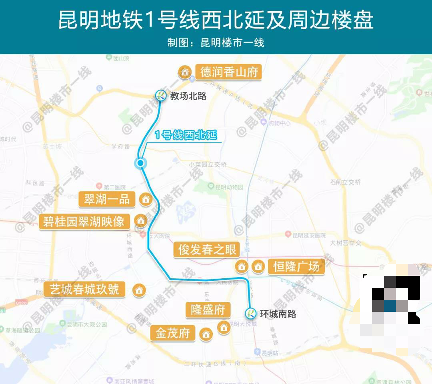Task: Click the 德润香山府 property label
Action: tap(229, 72)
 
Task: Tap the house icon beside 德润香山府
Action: tap(185, 72)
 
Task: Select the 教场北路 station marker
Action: tap(161, 95)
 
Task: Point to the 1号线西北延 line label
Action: tap(186, 135)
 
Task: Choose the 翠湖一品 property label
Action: tap(107, 199)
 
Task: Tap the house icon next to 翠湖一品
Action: tap(146, 199)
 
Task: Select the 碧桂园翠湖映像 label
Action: tap(84, 221)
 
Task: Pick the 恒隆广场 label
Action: tap(296, 266)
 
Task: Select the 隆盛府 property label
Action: tap(208, 310)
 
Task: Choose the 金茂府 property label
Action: tap(172, 333)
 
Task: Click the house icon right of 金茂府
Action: tap(206, 334)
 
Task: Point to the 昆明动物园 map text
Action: tap(229, 187)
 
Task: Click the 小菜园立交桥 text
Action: tap(208, 165)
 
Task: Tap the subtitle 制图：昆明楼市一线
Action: tap(216, 43)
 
